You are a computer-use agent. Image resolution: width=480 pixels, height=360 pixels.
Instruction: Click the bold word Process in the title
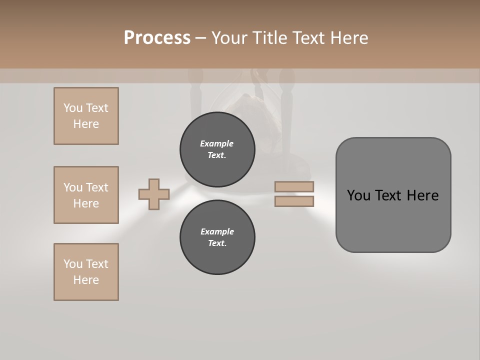tap(157, 38)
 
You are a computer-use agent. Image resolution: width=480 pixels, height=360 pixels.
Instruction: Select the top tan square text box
tap(86, 116)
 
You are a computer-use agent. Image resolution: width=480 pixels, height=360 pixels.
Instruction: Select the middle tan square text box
tap(86, 195)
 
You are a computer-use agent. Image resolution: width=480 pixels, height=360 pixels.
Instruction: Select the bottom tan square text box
tap(86, 272)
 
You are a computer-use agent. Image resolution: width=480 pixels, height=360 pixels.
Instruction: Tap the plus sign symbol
tap(154, 194)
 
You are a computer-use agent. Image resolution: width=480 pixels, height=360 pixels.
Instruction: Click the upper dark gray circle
tap(217, 149)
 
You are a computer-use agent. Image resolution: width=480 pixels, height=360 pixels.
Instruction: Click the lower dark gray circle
tap(217, 237)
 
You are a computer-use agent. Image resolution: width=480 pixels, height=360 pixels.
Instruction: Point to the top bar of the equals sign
tap(294, 186)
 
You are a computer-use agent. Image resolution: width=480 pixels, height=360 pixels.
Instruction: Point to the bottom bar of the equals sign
tap(294, 201)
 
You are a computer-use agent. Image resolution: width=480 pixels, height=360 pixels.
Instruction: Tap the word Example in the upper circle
tap(217, 143)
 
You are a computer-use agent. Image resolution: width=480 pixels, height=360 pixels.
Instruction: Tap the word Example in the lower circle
tap(217, 231)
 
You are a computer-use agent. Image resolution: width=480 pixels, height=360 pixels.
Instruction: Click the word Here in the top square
tap(86, 124)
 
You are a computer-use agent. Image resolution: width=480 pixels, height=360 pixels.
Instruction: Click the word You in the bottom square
tap(72, 264)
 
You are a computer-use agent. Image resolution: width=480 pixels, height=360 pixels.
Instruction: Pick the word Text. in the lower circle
tap(217, 243)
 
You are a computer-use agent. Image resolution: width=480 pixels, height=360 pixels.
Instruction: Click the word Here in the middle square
tap(86, 203)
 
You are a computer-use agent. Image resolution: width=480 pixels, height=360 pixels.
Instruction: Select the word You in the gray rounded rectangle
tap(358, 195)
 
